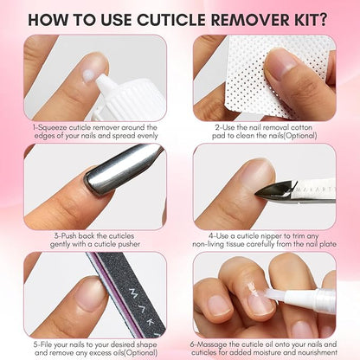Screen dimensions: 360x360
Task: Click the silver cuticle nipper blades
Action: [277, 187]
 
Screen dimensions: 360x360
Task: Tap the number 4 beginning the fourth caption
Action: [211, 235]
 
